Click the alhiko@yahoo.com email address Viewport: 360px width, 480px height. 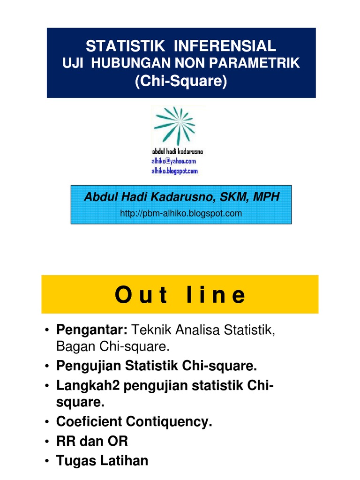pyautogui.click(x=173, y=160)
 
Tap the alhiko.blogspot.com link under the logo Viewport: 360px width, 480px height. pyautogui.click(x=174, y=171)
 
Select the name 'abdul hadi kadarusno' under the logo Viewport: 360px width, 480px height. pyautogui.click(x=177, y=151)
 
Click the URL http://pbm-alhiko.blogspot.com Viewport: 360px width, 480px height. pyautogui.click(x=181, y=214)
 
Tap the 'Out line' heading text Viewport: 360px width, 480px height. pyautogui.click(x=180, y=295)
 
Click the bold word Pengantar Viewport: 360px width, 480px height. pyautogui.click(x=92, y=330)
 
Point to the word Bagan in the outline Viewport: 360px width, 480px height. pyautogui.click(x=73, y=347)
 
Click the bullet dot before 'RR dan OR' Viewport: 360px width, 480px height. pyautogui.click(x=47, y=442)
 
